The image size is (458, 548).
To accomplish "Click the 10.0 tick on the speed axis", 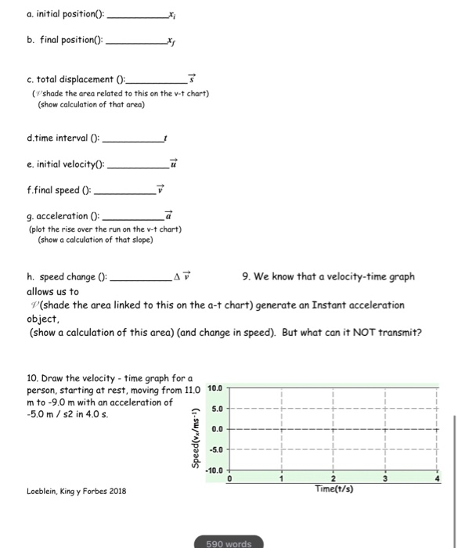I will [217, 388].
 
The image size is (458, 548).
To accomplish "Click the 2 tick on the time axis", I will [333, 479].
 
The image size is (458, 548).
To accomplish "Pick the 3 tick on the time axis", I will [384, 479].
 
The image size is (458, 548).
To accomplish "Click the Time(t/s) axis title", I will [333, 489].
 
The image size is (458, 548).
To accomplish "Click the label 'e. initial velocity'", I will [63, 165].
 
